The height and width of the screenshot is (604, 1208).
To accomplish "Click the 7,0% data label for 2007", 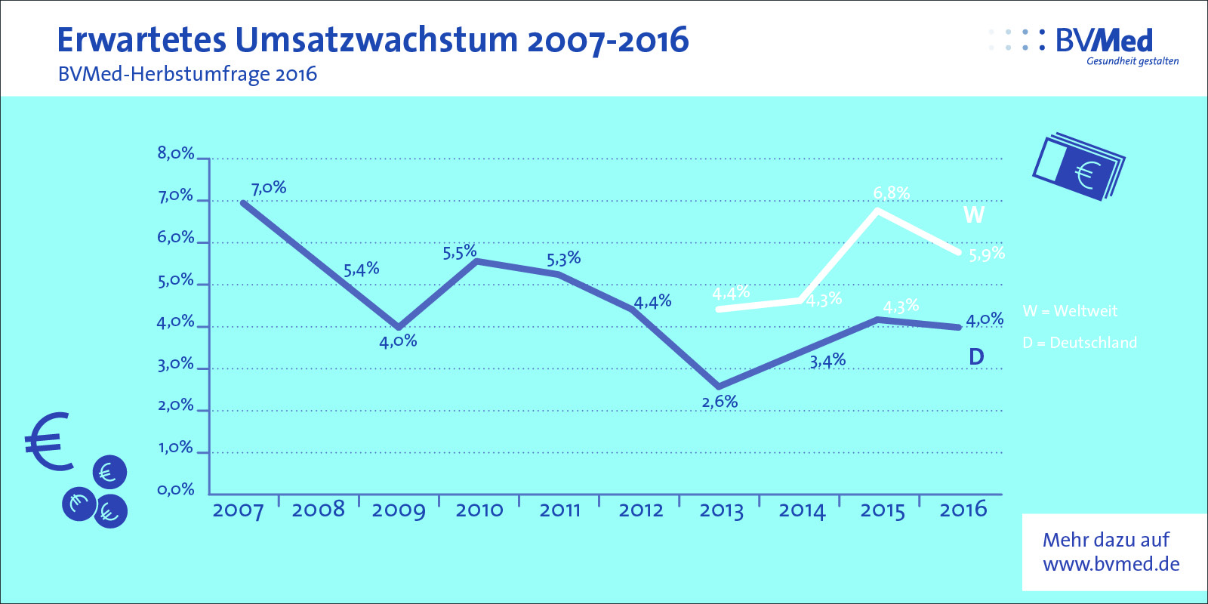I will click(x=269, y=187).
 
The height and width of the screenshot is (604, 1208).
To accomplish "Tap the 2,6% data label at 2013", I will click(x=720, y=402).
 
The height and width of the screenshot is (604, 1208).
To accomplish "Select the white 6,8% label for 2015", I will click(x=891, y=193).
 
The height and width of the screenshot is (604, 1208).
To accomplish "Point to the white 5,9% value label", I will click(x=987, y=254).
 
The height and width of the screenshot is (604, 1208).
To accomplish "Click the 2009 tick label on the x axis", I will click(x=399, y=510).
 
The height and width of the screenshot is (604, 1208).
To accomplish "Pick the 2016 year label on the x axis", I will click(x=963, y=510).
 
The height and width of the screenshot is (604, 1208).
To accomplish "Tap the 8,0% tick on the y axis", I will click(x=176, y=153).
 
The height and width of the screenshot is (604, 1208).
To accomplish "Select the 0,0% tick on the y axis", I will click(x=176, y=490).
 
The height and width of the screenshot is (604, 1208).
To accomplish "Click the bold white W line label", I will click(x=974, y=215).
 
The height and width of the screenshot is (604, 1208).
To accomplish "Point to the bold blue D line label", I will click(x=976, y=356).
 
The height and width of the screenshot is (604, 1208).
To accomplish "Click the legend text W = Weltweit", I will click(x=1070, y=311).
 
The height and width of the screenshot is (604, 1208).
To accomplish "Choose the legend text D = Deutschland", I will click(x=1080, y=343).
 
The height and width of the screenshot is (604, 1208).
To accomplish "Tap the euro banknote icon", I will click(x=1078, y=168).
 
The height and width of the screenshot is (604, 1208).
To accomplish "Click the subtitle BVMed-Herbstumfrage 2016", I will click(x=187, y=74).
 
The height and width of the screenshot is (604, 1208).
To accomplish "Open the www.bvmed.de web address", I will click(x=1111, y=564).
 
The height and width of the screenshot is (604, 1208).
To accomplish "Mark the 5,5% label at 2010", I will click(x=460, y=252).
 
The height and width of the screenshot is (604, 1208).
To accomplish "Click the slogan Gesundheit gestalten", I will click(x=1132, y=61).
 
